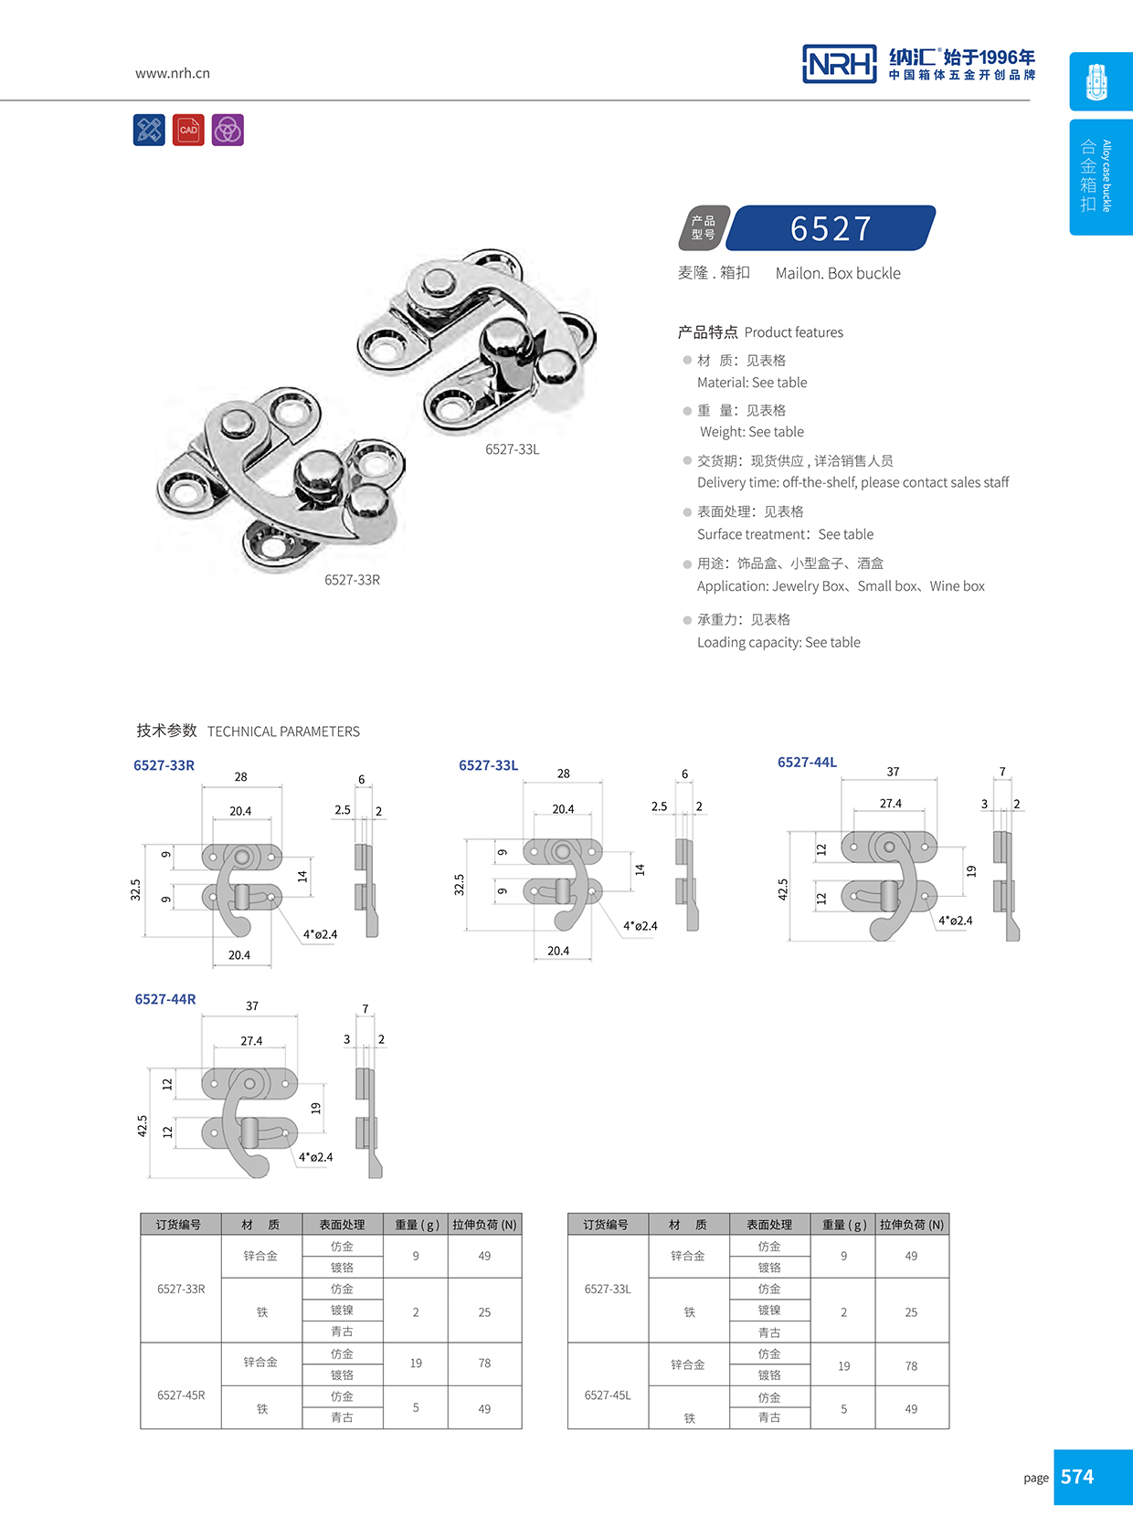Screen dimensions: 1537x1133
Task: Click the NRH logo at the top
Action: pos(839,64)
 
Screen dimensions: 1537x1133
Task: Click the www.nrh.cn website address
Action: pos(173,73)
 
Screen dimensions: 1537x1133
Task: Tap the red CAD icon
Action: pos(188,130)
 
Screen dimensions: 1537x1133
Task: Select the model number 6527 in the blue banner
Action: pos(831,228)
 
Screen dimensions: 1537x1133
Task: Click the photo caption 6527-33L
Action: pos(512,449)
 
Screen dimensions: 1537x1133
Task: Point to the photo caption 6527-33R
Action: pos(352,580)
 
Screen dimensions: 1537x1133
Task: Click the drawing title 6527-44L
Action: pos(807,763)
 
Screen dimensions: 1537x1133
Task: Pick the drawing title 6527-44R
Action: pos(165,999)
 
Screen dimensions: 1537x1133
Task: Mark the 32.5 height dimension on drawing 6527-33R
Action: pos(136,890)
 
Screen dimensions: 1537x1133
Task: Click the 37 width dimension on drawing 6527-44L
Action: pos(893,772)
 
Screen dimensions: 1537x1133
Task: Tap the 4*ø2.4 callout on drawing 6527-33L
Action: pos(640,926)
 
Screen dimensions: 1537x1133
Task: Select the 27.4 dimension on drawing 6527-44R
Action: pos(251,1041)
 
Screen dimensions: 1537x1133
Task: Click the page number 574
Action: pos(1077,1477)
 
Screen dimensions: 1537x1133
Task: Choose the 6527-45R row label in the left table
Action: pos(181,1395)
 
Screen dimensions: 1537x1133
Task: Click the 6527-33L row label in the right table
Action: pos(608,1290)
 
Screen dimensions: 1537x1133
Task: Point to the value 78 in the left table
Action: pos(484,1363)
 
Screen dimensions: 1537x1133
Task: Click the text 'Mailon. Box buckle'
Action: pos(838,273)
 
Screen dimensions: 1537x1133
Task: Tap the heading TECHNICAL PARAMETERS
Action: pos(283,732)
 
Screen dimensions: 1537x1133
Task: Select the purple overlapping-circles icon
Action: pos(228,130)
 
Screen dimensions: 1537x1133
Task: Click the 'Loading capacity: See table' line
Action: pos(778,642)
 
